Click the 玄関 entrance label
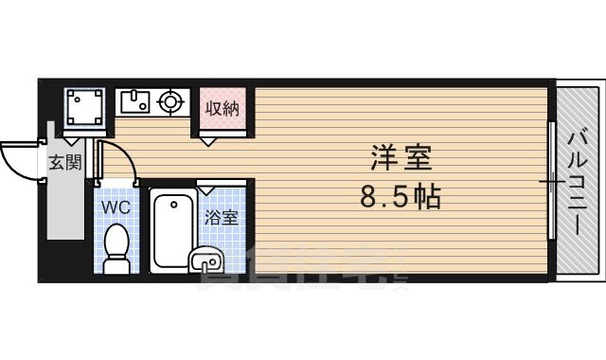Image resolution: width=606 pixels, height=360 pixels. pyautogui.click(x=64, y=161)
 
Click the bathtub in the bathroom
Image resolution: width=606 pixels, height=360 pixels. pyautogui.click(x=172, y=229)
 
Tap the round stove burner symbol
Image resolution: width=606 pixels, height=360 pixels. pyautogui.click(x=171, y=99)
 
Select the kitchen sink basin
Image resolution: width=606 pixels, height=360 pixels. pyautogui.click(x=135, y=99)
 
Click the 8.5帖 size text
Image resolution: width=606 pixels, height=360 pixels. pyautogui.click(x=400, y=198)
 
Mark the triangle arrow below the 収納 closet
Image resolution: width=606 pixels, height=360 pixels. pyautogui.click(x=207, y=140)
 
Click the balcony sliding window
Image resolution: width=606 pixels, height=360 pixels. pyautogui.click(x=550, y=180)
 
